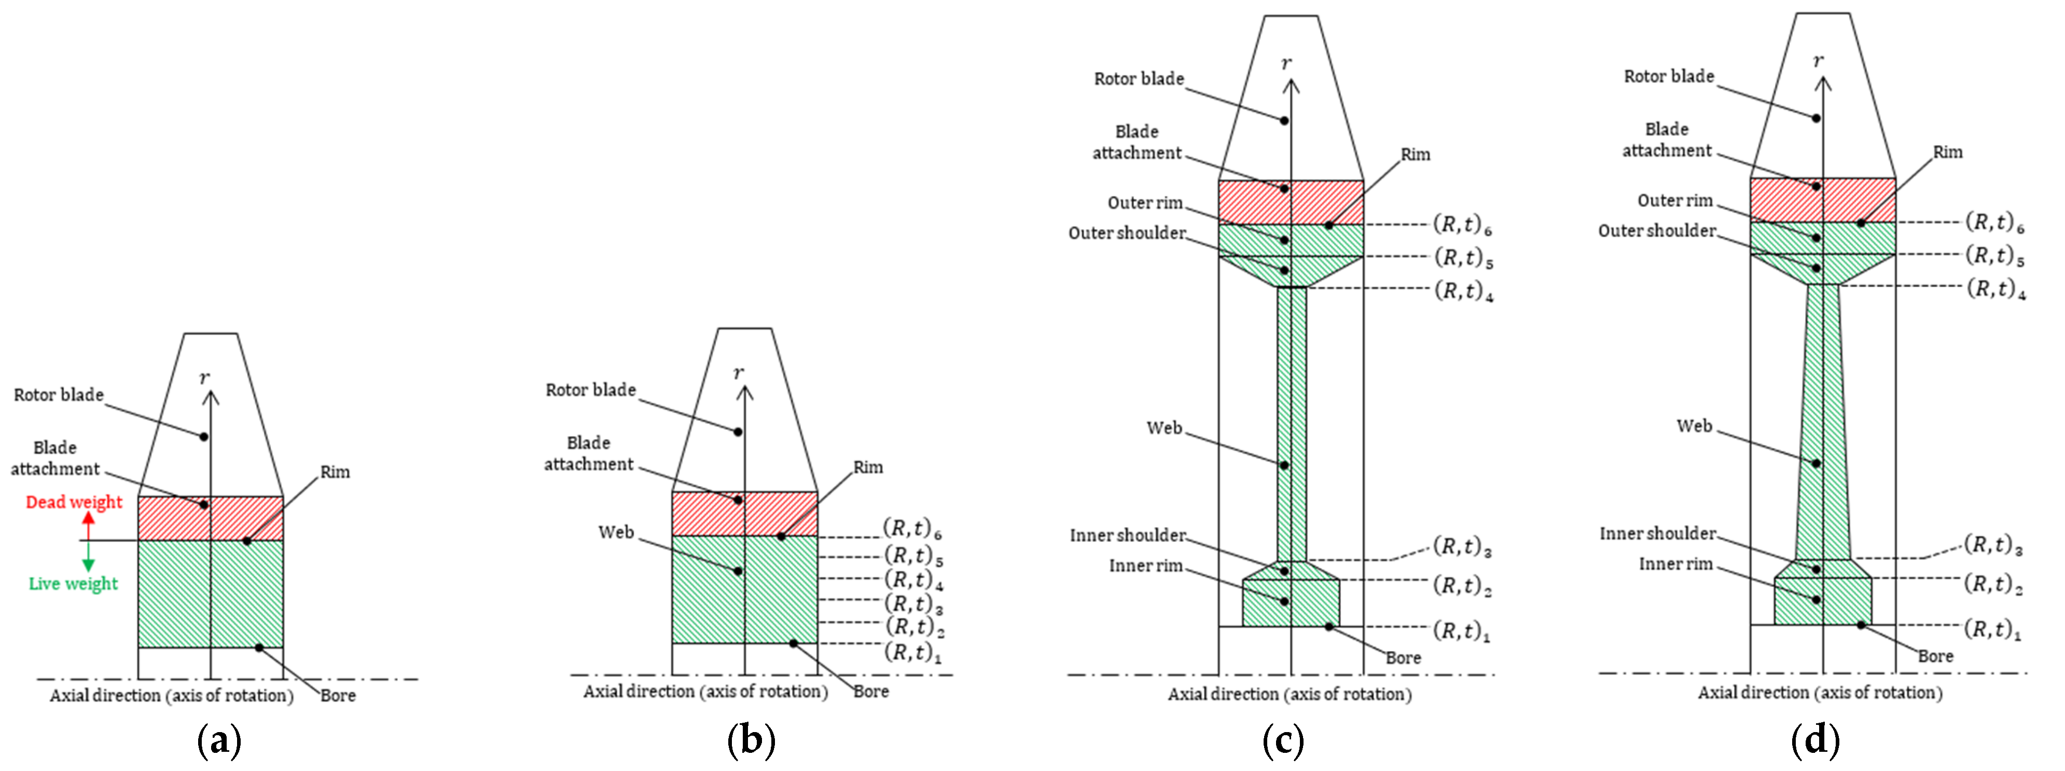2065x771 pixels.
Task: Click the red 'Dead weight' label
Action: click(x=74, y=502)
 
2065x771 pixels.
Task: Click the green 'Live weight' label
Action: click(x=73, y=584)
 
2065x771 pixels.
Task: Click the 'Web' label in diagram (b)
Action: click(x=616, y=532)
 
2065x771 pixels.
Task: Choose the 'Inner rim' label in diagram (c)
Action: click(x=1145, y=566)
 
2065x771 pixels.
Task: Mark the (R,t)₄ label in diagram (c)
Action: click(x=1463, y=290)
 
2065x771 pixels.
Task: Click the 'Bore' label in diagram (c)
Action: click(x=1403, y=658)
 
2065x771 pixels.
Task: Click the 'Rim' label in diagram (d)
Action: click(x=1947, y=152)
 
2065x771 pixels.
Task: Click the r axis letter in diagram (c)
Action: click(x=1286, y=62)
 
